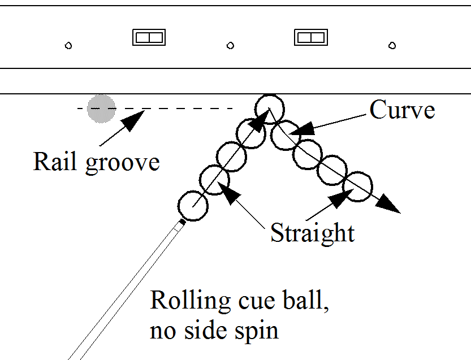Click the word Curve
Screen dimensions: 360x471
click(x=402, y=110)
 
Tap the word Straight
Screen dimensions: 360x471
click(x=312, y=232)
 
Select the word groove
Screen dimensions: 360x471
click(x=122, y=163)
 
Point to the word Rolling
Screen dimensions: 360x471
click(x=189, y=301)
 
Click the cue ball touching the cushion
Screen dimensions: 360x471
click(x=269, y=107)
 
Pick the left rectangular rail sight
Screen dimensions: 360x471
click(x=149, y=37)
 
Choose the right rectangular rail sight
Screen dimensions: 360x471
click(x=310, y=37)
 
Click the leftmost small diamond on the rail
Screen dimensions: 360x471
click(x=68, y=45)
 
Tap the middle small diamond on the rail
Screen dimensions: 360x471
click(x=230, y=45)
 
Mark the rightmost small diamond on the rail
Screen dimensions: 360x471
click(x=392, y=45)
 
